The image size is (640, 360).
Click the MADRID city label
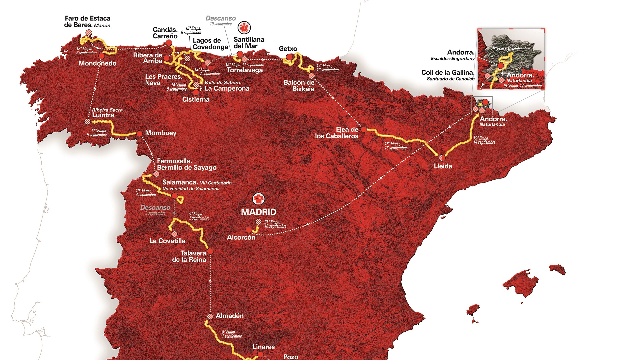258,212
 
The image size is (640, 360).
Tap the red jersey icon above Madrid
258,199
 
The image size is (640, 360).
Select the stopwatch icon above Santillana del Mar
244,28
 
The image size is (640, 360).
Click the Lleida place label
443,166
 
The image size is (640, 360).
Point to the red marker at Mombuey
139,134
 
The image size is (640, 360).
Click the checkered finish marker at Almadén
210,316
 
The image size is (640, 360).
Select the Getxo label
288,49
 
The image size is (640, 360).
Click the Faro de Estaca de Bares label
87,22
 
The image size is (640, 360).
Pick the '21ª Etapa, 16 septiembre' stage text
275,224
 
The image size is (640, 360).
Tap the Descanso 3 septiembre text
155,210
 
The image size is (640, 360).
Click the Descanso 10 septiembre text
220,20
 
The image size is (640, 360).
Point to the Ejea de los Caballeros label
337,133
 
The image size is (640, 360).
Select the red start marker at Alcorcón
249,230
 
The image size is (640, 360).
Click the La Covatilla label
167,241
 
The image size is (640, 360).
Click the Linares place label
263,347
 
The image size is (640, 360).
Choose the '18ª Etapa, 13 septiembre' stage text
395,146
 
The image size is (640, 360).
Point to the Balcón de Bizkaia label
299,86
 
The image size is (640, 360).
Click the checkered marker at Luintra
87,122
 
